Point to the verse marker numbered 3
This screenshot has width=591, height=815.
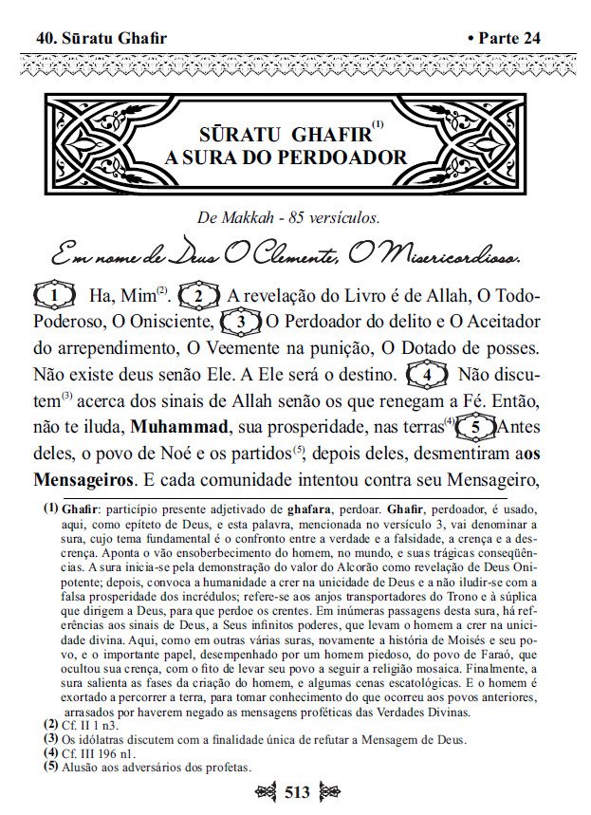(242, 323)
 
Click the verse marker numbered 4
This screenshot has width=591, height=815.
(427, 375)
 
